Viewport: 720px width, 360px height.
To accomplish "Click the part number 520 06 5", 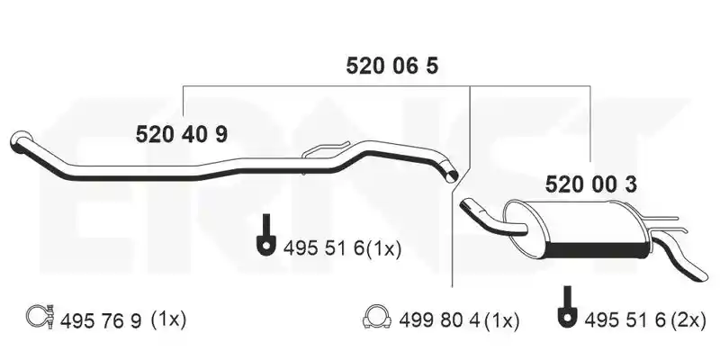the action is [391, 66].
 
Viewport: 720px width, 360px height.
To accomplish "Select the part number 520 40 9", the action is [182, 134].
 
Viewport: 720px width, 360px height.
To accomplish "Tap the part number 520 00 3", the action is [591, 184].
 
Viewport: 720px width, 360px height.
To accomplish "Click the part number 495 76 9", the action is [101, 320].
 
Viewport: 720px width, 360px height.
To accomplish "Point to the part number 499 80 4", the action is [439, 320].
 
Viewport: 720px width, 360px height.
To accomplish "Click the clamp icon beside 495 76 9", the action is [40, 316].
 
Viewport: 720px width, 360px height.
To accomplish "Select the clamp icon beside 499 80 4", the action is [376, 317].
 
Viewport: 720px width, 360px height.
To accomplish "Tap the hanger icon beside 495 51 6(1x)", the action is [265, 234].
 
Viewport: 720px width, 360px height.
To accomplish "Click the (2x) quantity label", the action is [688, 319].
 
